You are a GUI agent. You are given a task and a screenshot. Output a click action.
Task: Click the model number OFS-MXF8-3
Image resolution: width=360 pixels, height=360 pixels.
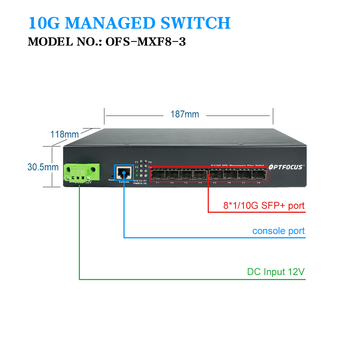145,42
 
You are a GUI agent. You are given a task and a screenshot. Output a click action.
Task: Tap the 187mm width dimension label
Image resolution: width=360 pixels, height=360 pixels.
185,114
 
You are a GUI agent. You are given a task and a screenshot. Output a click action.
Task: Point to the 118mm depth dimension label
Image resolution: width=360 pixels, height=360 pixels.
64,135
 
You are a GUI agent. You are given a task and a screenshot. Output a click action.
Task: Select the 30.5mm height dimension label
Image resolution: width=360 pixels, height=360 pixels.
43,167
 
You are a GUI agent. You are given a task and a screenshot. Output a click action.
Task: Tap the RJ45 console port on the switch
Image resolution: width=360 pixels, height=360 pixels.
124,172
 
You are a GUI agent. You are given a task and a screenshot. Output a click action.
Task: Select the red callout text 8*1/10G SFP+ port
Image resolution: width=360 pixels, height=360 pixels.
264,206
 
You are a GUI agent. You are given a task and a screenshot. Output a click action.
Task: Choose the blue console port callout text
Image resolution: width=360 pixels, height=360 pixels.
278,231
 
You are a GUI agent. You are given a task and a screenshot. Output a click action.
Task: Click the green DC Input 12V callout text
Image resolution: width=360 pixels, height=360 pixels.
276,272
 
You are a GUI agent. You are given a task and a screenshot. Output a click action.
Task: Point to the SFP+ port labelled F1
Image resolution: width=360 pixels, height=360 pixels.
157,175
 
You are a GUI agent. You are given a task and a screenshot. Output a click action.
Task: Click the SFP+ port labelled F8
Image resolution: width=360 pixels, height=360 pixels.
258,175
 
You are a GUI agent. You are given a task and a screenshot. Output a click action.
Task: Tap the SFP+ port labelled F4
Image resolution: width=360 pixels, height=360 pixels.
201,175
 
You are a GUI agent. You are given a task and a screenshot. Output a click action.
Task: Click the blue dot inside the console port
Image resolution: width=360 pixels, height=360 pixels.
124,172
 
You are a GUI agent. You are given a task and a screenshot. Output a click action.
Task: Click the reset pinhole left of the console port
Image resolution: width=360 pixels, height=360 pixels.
112,176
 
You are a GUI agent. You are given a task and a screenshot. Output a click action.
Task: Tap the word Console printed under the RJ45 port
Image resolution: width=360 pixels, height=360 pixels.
123,182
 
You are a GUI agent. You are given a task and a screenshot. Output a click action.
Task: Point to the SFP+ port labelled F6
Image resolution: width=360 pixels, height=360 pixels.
230,175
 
